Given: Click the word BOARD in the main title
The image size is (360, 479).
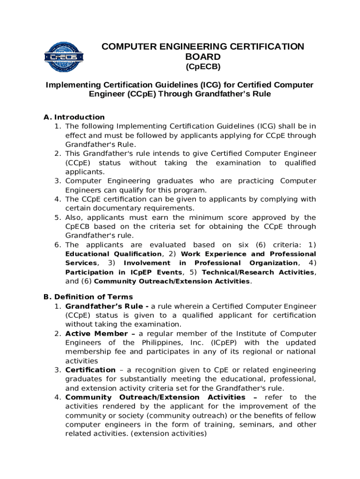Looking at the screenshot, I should [x=203, y=57].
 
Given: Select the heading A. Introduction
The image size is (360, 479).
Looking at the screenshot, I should [x=74, y=117].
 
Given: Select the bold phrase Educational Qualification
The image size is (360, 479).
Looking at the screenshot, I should [x=114, y=254].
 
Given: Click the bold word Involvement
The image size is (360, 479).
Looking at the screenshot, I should [x=147, y=263].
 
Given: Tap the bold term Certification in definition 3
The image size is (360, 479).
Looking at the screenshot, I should [x=90, y=370].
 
